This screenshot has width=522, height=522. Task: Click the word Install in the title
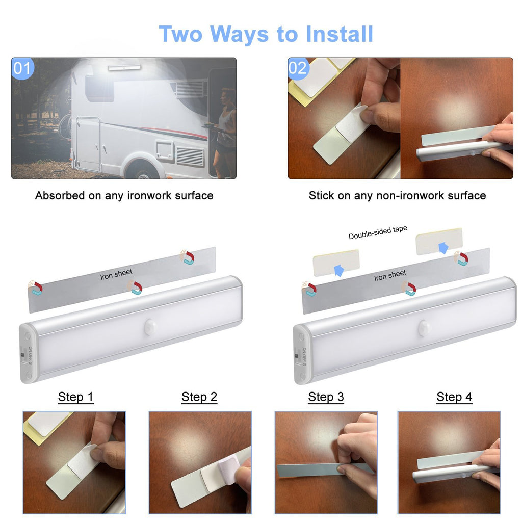pyautogui.click(x=340, y=34)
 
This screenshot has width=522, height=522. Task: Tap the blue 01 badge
pyautogui.click(x=22, y=68)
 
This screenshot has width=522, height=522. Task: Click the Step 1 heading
pyautogui.click(x=75, y=397)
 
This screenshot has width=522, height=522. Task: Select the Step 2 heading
pyautogui.click(x=199, y=397)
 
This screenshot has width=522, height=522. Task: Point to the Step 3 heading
pyautogui.click(x=326, y=397)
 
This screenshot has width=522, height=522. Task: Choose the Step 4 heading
pyautogui.click(x=454, y=397)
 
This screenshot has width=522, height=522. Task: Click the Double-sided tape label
pyautogui.click(x=378, y=232)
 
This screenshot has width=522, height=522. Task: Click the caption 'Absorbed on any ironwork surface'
pyautogui.click(x=124, y=196)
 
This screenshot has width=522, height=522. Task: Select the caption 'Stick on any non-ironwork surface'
pyautogui.click(x=397, y=196)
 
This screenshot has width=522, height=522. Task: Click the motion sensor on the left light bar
pyautogui.click(x=150, y=327)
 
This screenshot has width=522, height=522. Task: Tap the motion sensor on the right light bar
pyautogui.click(x=425, y=326)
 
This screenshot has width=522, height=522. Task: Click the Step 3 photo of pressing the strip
pyautogui.click(x=326, y=462)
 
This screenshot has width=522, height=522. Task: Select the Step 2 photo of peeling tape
pyautogui.click(x=200, y=462)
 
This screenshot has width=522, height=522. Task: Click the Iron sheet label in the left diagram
pyautogui.click(x=116, y=274)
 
